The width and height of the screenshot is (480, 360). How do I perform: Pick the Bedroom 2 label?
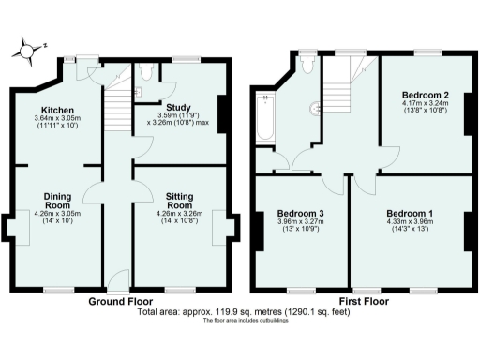[426, 95]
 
